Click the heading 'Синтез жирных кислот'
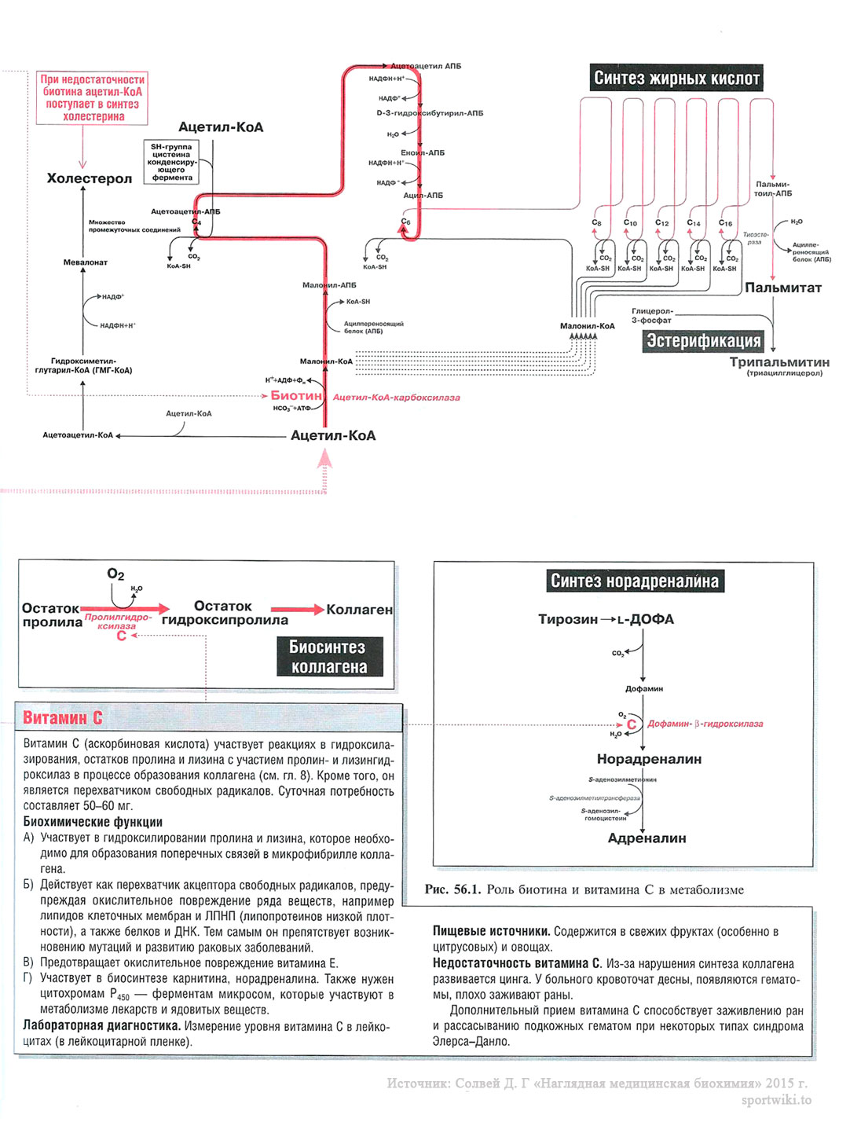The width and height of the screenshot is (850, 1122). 676,79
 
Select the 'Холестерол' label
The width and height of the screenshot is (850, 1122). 90,178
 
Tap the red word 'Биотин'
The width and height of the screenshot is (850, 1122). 296,396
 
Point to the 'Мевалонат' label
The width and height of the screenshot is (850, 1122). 86,262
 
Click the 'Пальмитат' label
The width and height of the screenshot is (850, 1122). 782,288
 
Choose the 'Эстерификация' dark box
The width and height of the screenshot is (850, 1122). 703,341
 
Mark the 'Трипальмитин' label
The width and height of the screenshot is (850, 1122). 779,362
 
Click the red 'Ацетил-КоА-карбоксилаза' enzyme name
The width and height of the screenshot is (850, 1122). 396,398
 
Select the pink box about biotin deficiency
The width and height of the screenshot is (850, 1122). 93,98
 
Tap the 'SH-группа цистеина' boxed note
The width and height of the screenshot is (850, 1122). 172,162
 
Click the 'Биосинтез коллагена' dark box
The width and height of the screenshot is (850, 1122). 329,657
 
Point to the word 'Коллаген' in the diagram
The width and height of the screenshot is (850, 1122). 359,610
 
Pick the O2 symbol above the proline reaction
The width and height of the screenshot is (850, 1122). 115,574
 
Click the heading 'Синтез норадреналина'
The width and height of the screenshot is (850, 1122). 634,581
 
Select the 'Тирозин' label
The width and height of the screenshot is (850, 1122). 568,619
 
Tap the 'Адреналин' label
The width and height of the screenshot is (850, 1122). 647,838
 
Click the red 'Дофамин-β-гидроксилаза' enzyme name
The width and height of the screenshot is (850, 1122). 705,724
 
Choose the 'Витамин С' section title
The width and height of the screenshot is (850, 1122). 63,717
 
